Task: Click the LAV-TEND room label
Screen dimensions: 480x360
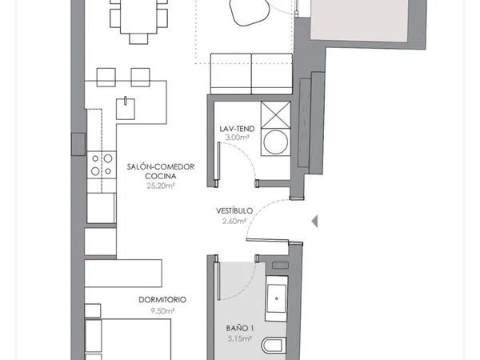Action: [237, 129]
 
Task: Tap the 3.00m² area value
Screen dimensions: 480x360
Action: [237, 138]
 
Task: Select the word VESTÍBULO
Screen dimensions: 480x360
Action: [234, 210]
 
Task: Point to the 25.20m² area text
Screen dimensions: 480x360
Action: [161, 186]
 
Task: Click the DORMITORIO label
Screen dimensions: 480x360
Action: [162, 300]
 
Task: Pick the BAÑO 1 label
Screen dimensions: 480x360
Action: [240, 329]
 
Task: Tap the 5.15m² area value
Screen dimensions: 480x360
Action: [240, 339]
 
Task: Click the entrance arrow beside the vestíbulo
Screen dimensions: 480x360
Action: [314, 221]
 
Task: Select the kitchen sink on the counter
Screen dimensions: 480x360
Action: [126, 109]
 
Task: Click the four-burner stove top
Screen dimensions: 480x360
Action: [102, 165]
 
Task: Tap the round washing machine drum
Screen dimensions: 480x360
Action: [275, 142]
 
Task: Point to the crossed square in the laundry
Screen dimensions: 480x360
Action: [275, 114]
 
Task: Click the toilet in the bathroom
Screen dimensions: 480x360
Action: [274, 346]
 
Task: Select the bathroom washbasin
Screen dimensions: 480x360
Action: [277, 298]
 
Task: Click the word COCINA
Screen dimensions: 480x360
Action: [161, 176]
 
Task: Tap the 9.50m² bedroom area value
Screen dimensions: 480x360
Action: [162, 311]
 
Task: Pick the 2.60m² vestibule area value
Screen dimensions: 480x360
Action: [234, 221]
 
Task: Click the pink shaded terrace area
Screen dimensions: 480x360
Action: [359, 20]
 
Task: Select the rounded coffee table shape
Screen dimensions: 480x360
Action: [250, 12]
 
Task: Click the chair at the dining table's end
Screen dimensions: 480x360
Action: [138, 38]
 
